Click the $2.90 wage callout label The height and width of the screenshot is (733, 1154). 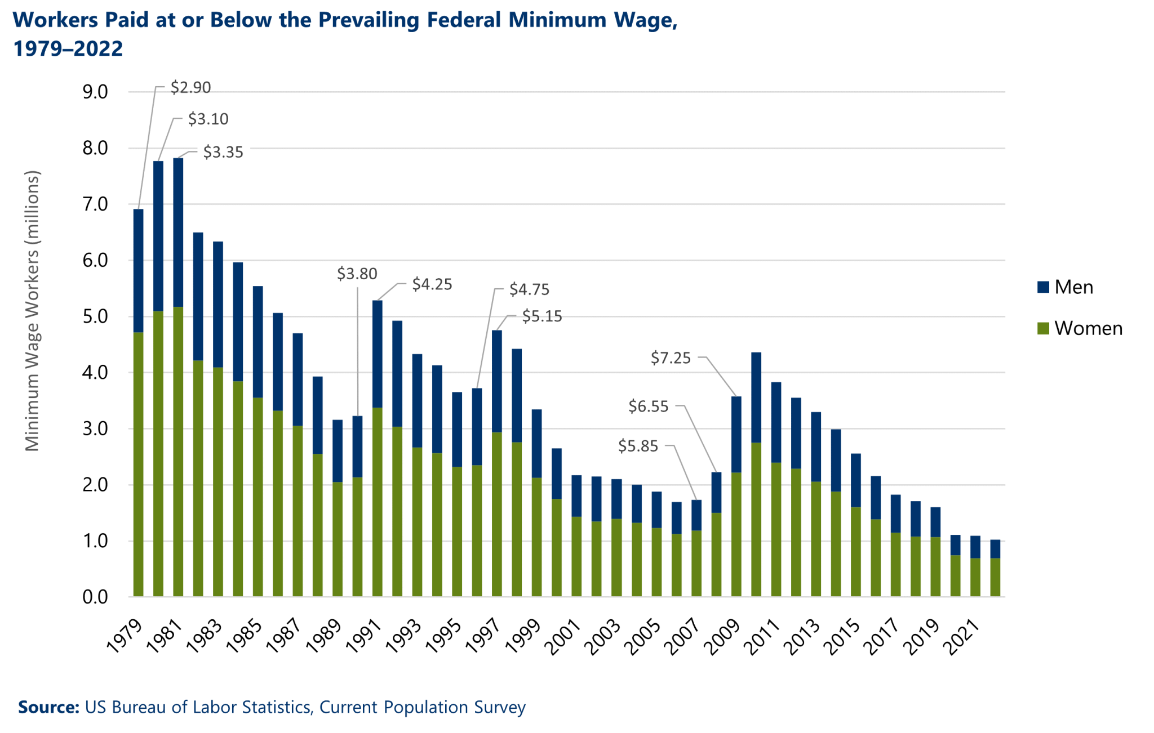190,87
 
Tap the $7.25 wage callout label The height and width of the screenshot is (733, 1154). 671,357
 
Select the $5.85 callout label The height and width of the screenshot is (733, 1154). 638,446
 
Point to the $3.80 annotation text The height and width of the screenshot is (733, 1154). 357,274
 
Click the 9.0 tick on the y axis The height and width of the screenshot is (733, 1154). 95,92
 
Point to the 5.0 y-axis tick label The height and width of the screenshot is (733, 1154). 95,316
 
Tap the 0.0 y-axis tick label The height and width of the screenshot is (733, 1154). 95,597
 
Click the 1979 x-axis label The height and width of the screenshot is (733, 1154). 125,636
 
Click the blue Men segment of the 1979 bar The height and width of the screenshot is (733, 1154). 138,270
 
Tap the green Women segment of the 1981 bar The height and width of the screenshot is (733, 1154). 178,450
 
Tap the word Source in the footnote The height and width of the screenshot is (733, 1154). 48,707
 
